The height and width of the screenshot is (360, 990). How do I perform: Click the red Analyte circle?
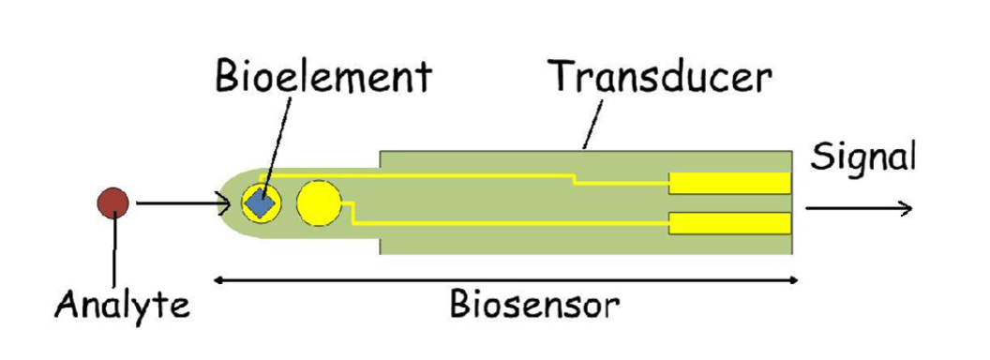click(114, 201)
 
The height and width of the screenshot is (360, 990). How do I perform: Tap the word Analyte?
click(124, 305)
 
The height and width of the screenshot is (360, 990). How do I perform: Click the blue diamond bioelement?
click(261, 202)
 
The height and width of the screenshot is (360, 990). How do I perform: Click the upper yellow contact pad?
click(729, 183)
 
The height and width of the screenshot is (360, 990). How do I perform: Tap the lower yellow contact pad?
click(729, 223)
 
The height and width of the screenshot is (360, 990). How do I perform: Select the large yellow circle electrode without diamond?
click(319, 203)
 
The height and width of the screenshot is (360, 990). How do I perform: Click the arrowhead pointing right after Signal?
click(906, 208)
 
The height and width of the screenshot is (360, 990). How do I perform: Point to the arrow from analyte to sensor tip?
click(183, 202)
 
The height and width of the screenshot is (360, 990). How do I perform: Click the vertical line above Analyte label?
click(114, 248)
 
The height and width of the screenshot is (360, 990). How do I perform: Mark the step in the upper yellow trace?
click(574, 178)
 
